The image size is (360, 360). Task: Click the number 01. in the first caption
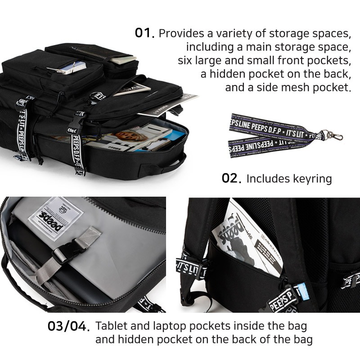point(145,33)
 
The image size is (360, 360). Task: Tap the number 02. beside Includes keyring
point(232,178)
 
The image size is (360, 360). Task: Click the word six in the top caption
point(185,60)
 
